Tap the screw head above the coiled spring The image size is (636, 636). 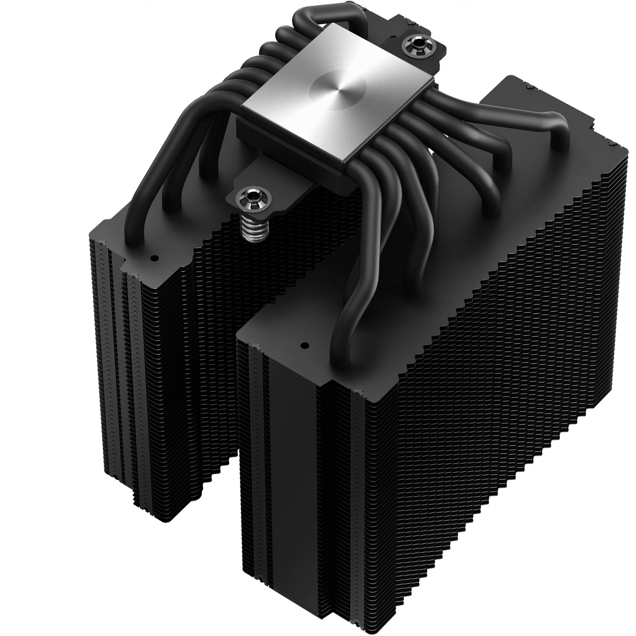pos(245,194)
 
